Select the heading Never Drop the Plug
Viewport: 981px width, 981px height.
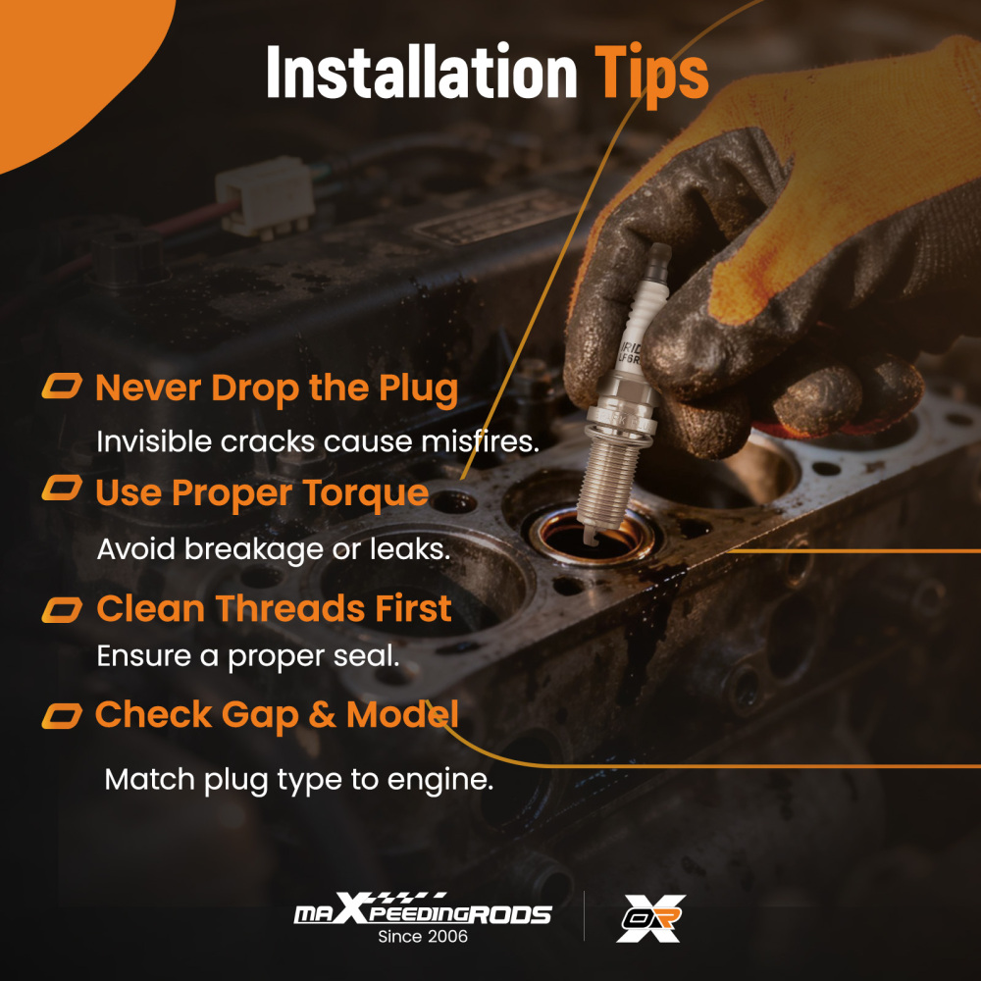pos(277,389)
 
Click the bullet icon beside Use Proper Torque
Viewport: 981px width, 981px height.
pos(62,488)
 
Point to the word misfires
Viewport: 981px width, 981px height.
pos(480,441)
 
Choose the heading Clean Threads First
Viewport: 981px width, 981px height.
pos(274,608)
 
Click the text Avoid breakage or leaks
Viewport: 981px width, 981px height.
pos(274,548)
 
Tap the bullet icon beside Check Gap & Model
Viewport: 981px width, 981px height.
pos(62,716)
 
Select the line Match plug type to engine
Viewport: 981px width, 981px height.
pos(299,780)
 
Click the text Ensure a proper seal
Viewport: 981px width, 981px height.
pos(248,656)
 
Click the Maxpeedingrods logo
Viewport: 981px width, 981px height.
pos(423,909)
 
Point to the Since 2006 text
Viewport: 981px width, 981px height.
pos(423,937)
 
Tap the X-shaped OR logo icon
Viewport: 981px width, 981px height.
pos(650,918)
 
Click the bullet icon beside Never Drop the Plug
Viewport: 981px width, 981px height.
pos(62,386)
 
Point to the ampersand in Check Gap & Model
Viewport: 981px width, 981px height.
pos(322,715)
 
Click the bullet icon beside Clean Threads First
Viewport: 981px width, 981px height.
pos(62,610)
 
